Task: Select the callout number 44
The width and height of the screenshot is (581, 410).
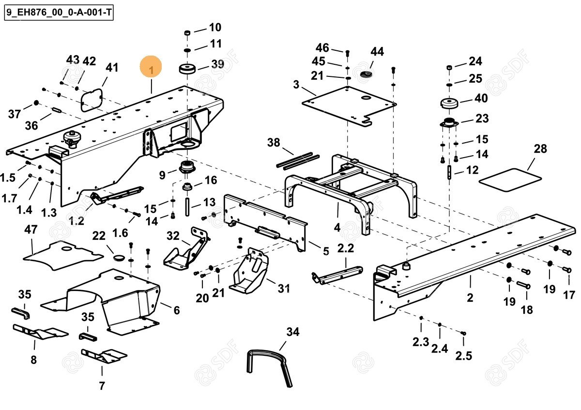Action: tap(377, 52)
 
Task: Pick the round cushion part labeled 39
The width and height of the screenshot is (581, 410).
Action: tap(188, 69)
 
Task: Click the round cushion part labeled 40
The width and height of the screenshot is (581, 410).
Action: tap(450, 103)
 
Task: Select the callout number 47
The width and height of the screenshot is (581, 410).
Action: tap(31, 230)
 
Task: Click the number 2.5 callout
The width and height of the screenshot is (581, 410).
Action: tap(463, 356)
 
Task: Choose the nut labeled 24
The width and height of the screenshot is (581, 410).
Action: tap(449, 67)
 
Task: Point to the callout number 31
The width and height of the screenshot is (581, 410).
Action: tap(284, 289)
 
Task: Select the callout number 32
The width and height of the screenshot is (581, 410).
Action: tap(173, 236)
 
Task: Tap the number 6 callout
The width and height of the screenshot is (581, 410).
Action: tap(176, 310)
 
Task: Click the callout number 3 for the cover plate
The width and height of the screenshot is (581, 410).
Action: tap(296, 86)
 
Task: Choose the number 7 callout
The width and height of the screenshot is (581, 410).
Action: tap(102, 386)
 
